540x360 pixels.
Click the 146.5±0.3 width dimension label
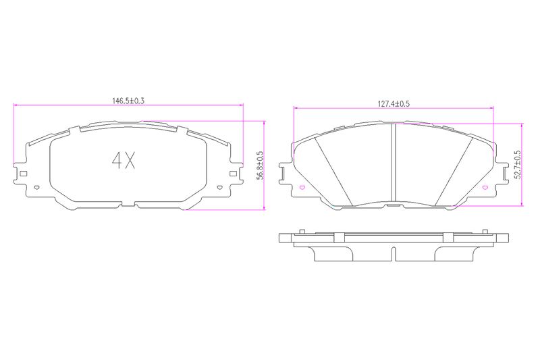(x=128, y=101)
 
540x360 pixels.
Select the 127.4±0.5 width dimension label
(x=394, y=104)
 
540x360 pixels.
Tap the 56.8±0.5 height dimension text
(x=261, y=165)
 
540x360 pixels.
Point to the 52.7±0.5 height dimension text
(x=517, y=164)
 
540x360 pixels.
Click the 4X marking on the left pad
(x=124, y=160)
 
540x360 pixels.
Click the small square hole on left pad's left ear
(x=24, y=174)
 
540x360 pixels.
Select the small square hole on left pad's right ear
(x=233, y=174)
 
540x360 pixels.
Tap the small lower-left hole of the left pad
(x=37, y=188)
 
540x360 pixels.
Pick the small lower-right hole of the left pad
(x=220, y=188)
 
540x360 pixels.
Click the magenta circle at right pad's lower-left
(x=302, y=188)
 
